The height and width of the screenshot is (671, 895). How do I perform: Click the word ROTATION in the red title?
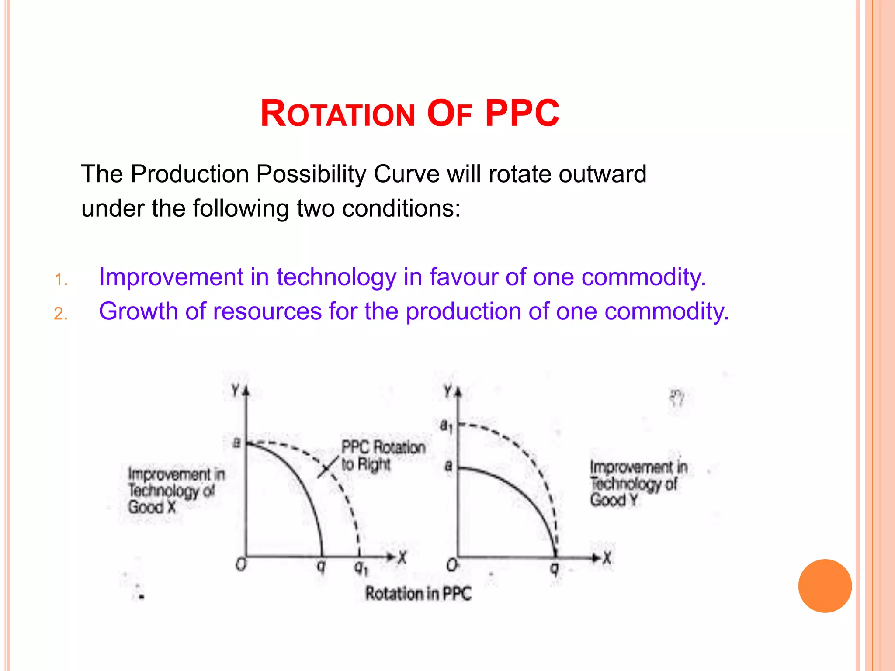tap(337, 114)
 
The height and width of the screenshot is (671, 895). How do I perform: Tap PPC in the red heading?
tap(522, 114)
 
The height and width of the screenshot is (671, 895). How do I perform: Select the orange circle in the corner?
tap(825, 586)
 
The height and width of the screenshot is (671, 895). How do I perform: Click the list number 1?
tap(61, 280)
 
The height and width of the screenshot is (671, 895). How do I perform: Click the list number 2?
tap(61, 314)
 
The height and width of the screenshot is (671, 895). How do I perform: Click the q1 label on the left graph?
tap(361, 567)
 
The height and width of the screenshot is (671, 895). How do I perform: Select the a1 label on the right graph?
tap(446, 425)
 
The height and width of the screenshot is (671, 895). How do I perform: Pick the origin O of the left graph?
tap(241, 564)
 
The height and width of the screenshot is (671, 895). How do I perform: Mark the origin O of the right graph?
tap(452, 565)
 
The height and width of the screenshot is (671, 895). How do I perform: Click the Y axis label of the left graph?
tap(236, 390)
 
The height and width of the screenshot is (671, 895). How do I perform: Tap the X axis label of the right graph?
tap(607, 558)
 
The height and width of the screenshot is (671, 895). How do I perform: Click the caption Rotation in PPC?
tap(418, 594)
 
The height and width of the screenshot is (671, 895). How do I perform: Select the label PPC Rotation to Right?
tap(382, 456)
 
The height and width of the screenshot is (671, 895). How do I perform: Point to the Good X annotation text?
tap(152, 507)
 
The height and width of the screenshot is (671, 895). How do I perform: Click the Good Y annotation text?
tap(614, 499)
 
